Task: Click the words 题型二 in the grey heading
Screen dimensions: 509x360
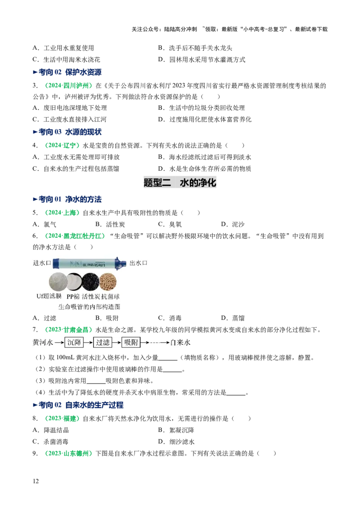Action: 157,183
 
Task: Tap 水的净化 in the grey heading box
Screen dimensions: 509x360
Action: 198,183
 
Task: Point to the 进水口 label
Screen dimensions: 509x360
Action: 42,263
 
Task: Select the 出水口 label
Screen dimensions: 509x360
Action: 139,263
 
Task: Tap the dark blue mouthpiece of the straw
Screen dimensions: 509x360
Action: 120,263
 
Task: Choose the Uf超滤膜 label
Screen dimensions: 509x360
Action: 49,297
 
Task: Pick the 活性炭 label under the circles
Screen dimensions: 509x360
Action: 91,297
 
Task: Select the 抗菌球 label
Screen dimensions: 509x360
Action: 111,297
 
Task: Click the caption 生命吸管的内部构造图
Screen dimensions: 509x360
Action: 89,307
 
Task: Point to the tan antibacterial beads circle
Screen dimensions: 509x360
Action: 108,281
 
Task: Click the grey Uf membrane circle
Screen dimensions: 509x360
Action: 58,281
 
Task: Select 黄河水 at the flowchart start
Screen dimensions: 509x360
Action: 42,343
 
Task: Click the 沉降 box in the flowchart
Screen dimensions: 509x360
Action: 74,343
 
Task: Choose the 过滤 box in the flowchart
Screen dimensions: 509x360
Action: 103,343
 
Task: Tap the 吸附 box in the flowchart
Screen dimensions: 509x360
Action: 131,343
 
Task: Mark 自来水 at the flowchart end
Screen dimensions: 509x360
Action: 180,343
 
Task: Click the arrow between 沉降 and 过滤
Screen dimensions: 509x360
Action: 89,343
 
